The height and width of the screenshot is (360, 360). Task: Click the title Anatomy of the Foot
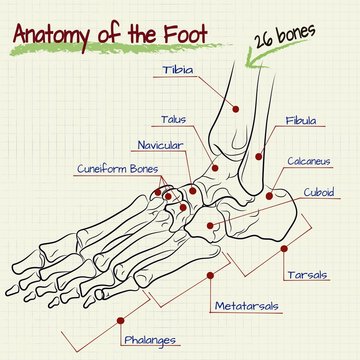[x=109, y=34]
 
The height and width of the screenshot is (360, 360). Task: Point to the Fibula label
[x=300, y=120]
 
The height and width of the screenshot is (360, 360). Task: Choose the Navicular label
[x=159, y=145]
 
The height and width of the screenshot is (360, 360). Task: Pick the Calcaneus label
[x=309, y=160]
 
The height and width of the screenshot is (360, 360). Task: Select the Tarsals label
[x=307, y=274]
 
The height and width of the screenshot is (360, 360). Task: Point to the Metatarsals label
[x=246, y=304]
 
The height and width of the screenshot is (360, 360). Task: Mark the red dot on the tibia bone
[x=236, y=108]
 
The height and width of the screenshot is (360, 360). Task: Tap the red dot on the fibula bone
[x=257, y=156]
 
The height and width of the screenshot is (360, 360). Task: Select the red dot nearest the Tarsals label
[x=285, y=247]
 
